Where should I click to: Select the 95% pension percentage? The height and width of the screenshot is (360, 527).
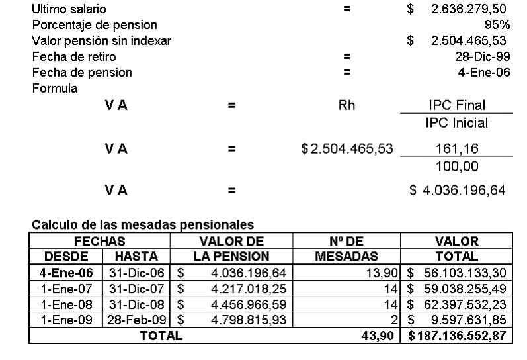[x=497, y=25]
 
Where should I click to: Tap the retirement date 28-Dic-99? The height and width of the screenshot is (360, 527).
[x=479, y=57]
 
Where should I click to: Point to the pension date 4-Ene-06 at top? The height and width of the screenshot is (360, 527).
[x=483, y=73]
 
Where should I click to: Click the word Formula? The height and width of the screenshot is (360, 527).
[x=55, y=88]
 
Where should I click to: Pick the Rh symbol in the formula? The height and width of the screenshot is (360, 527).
[x=346, y=105]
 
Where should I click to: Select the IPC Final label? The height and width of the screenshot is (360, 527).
[x=457, y=105]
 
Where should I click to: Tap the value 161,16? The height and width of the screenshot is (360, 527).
[x=457, y=149]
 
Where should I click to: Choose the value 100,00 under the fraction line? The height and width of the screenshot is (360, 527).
[x=457, y=166]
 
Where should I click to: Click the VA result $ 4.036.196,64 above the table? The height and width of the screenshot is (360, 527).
[x=458, y=191]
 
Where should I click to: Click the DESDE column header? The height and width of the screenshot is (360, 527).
[x=66, y=256]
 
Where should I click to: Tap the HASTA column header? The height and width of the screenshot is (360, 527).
[x=136, y=256]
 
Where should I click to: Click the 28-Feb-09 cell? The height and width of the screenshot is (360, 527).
[x=136, y=320]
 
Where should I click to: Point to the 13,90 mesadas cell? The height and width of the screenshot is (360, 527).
[x=381, y=273]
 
